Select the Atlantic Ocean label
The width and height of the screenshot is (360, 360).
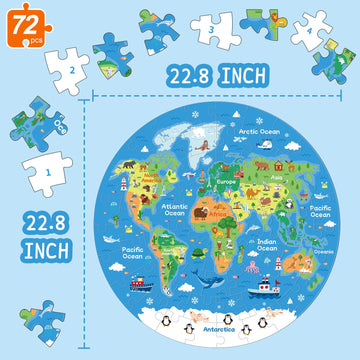coord(174,210)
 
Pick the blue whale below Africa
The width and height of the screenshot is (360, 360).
coord(210,284)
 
